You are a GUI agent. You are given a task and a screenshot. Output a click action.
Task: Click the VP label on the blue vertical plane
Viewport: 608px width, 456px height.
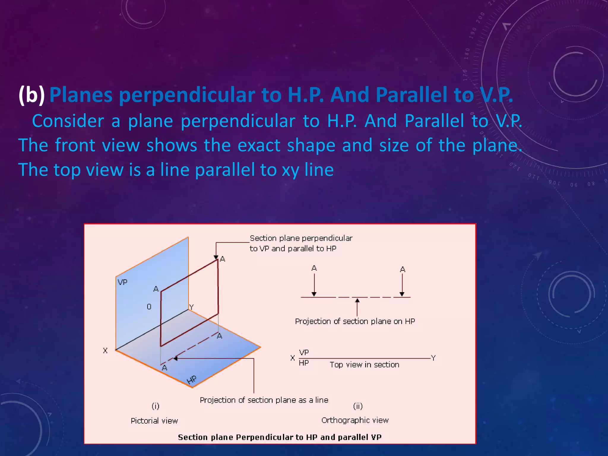pos(122,282)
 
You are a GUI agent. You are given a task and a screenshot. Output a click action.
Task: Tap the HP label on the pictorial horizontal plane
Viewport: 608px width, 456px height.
pos(192,380)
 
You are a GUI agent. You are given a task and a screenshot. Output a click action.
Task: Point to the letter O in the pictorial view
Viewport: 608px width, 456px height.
pos(149,307)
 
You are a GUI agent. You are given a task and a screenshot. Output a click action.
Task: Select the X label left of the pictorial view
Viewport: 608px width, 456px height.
pos(105,351)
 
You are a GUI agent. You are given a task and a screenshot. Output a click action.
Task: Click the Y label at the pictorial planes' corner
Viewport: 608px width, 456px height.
pos(191,307)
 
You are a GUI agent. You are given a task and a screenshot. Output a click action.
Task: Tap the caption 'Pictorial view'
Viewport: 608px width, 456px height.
pos(154,421)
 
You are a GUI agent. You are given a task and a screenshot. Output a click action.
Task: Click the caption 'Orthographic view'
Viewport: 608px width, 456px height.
pos(355,420)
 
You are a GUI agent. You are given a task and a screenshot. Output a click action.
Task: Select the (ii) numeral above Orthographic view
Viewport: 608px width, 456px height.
pos(358,406)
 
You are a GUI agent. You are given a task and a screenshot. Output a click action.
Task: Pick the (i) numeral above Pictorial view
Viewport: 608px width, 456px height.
pos(155,406)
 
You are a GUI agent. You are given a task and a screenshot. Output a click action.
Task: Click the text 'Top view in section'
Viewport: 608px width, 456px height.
pos(365,365)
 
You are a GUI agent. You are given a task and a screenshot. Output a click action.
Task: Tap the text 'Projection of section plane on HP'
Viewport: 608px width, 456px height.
pos(355,321)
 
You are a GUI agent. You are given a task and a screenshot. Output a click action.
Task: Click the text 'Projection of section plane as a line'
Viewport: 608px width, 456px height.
pos(264,400)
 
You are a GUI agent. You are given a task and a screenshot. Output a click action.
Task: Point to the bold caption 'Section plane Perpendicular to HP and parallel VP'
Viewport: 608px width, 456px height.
pos(280,437)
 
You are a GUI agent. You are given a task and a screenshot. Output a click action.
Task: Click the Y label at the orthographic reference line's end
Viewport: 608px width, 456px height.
pos(433,358)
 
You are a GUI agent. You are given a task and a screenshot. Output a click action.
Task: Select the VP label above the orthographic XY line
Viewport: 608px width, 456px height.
pos(304,352)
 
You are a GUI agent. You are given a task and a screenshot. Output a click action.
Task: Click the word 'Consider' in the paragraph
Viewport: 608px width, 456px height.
pos(68,121)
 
